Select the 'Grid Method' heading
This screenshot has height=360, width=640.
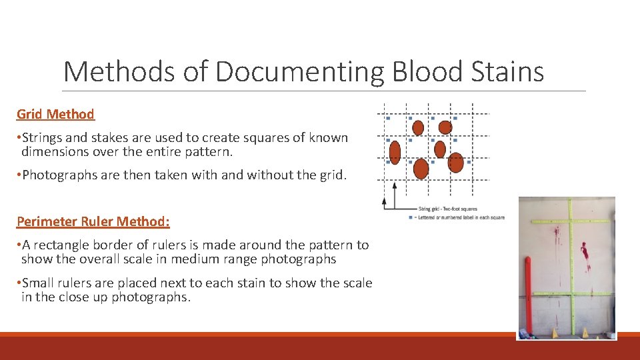tap(55, 114)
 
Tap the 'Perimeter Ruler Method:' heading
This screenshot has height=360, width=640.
tap(93, 221)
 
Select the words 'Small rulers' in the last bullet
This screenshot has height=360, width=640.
tap(58, 283)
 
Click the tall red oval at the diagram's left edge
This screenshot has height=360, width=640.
tap(395, 152)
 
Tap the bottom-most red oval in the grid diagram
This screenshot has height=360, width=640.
tap(421, 168)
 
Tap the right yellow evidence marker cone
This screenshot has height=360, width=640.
tap(585, 331)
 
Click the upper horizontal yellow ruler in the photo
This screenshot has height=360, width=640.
tap(570, 221)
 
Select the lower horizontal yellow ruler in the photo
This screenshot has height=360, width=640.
tap(570, 294)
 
